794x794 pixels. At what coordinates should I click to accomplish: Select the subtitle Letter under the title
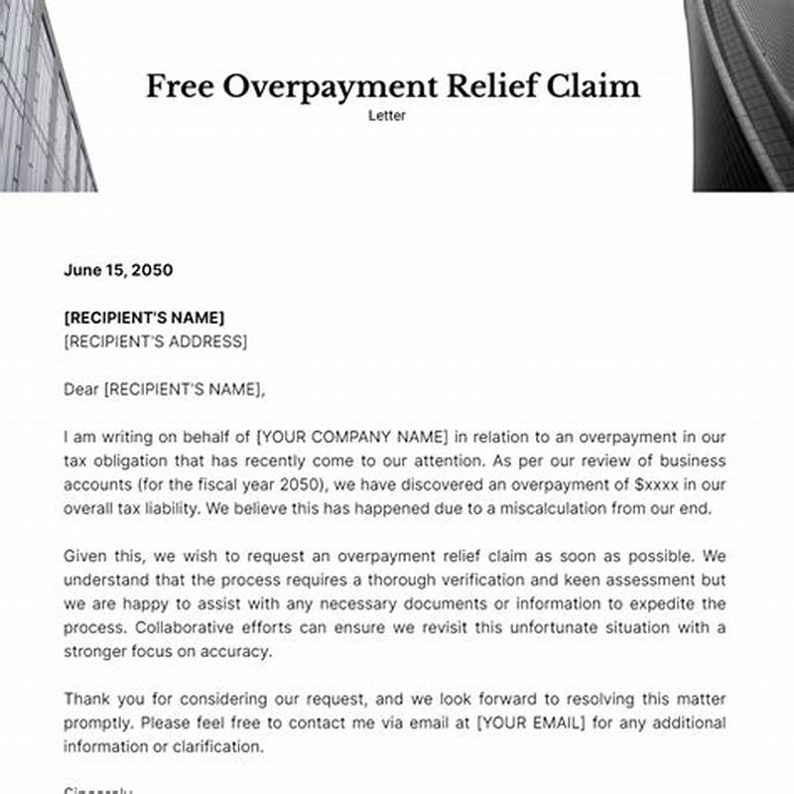[x=388, y=116]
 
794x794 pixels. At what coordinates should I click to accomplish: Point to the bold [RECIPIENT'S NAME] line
[x=144, y=318]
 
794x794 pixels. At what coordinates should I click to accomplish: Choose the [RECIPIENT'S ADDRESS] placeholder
[x=155, y=341]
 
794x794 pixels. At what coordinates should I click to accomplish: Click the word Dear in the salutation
[x=81, y=390]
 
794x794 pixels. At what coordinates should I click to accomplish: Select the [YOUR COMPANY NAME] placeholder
[x=353, y=438]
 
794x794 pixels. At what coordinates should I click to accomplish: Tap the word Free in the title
[x=180, y=86]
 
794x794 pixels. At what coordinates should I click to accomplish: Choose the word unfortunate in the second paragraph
[x=533, y=628]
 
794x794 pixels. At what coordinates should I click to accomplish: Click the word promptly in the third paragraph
[x=95, y=723]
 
